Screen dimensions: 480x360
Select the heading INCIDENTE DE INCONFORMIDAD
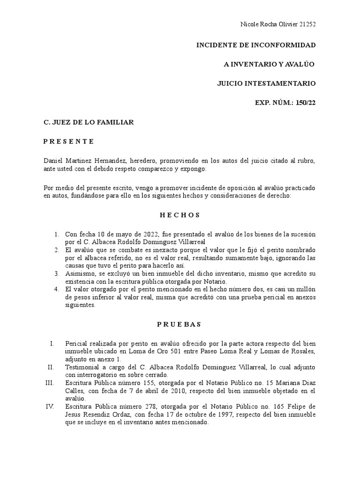(x=255, y=45)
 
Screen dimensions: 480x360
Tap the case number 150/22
(x=306, y=103)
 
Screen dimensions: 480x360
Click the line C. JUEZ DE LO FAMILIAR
(x=89, y=122)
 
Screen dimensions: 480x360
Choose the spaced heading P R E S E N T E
(x=69, y=141)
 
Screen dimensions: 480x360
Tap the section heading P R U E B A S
(x=180, y=324)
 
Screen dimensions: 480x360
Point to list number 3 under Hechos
(x=56, y=273)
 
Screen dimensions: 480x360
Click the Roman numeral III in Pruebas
(x=50, y=383)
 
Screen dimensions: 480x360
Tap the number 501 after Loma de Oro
(x=143, y=352)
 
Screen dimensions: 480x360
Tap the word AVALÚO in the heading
(x=300, y=64)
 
